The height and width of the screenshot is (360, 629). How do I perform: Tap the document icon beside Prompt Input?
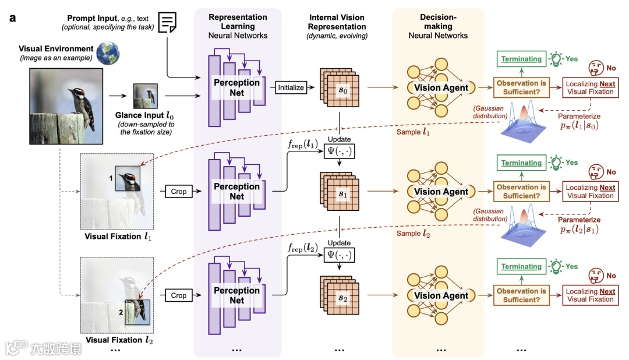pyautogui.click(x=168, y=23)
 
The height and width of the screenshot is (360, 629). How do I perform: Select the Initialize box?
pyautogui.click(x=291, y=87)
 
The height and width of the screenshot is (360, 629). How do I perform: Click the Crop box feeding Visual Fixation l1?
pyautogui.click(x=178, y=191)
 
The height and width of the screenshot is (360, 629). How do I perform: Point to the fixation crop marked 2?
pyautogui.click(x=137, y=310)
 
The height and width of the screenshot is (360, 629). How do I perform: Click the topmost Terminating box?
pyautogui.click(x=522, y=59)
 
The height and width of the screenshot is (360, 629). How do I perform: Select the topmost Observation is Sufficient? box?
pyautogui.click(x=521, y=87)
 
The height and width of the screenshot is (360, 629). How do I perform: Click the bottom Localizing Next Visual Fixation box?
pyautogui.click(x=590, y=295)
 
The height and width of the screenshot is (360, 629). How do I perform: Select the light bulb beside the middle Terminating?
pyautogui.click(x=557, y=163)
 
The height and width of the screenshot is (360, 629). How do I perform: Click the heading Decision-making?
pyautogui.click(x=438, y=22)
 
